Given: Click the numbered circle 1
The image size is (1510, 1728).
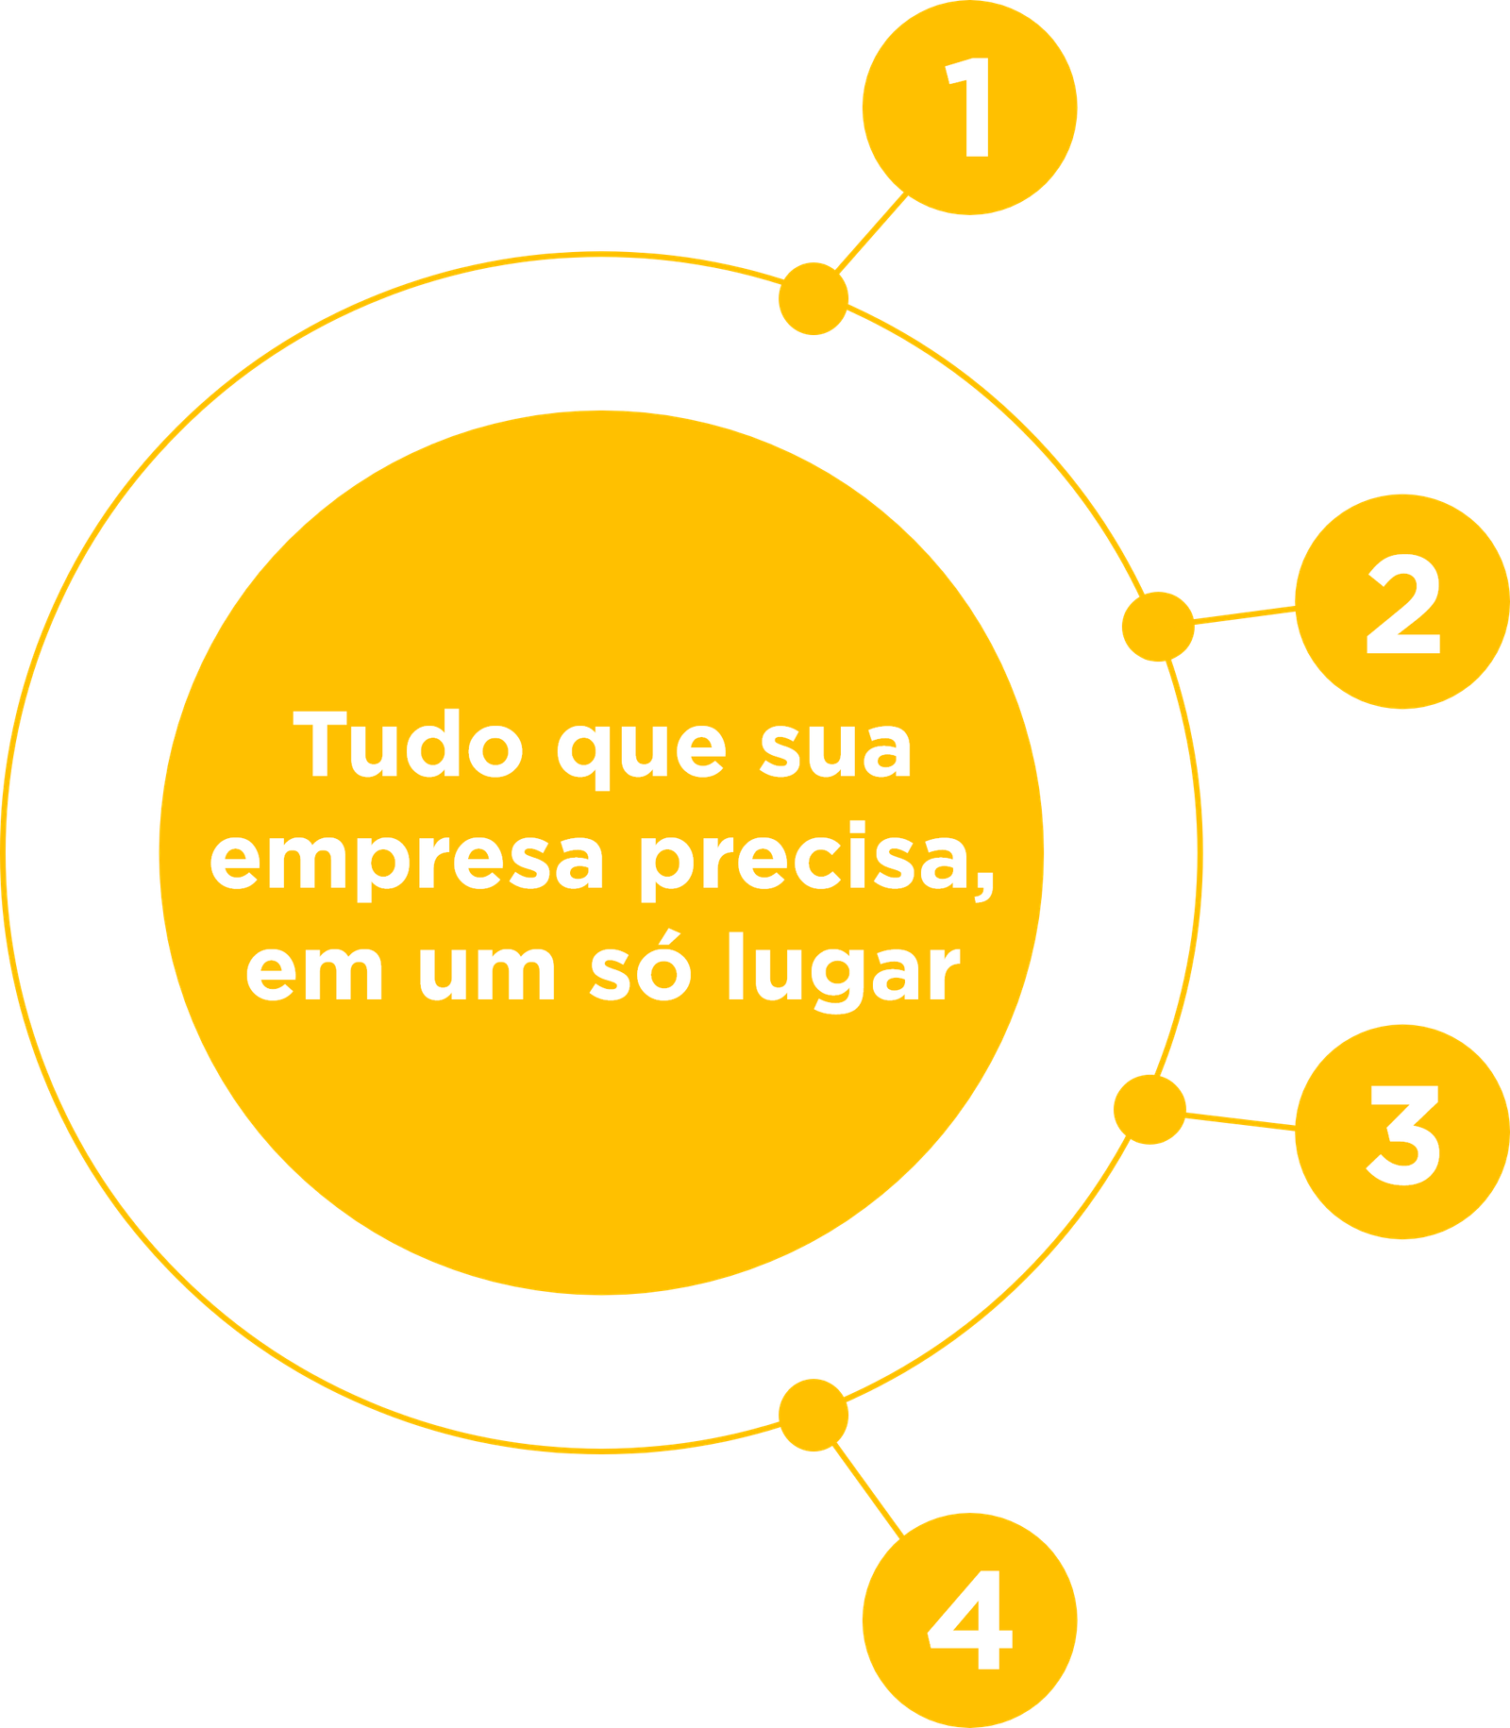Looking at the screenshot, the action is pos(969,108).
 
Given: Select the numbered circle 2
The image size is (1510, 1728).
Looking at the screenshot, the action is pos(1402,601).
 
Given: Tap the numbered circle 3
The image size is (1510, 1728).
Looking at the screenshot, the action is pos(1402,1132).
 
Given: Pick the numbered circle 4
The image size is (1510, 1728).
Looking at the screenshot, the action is pos(969,1620).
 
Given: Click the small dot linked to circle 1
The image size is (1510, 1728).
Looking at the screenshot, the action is pos(814,298).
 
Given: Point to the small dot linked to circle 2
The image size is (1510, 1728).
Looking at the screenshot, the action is pos(1158,627).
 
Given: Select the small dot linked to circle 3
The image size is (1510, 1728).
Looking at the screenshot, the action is pos(1149,1110).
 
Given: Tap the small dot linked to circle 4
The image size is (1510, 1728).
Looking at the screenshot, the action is pos(814,1416).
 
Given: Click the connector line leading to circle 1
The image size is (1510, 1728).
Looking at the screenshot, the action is pos(871,233).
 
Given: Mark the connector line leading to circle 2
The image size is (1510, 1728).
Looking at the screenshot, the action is pos(1245,615).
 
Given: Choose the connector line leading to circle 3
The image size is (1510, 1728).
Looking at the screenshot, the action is pos(1240,1121).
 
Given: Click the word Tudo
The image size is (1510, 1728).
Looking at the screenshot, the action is pos(408,744).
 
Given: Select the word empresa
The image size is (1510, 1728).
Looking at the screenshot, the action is pos(406,862).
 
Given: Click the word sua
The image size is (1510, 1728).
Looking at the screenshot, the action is pos(836,749).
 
